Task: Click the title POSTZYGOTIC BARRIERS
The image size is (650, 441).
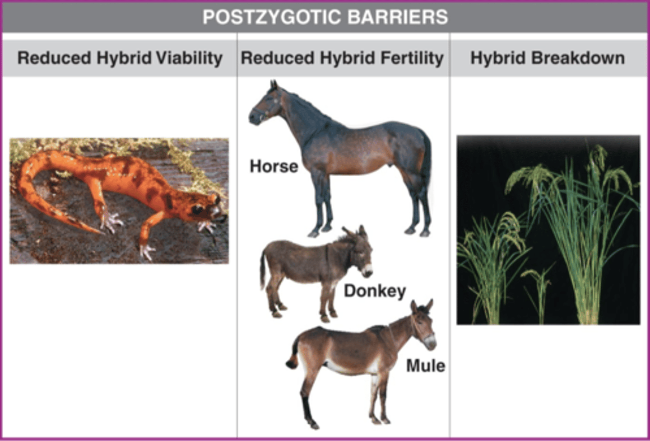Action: click(325, 17)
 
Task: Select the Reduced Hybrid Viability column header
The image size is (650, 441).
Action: click(120, 58)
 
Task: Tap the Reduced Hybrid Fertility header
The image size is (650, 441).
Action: click(342, 58)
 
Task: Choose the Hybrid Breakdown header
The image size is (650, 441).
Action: click(548, 58)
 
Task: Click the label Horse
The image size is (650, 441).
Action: click(274, 166)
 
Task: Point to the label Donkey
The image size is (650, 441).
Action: click(375, 291)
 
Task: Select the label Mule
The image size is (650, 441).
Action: click(425, 366)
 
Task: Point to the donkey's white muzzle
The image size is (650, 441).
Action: click(367, 270)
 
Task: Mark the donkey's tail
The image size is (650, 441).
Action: click(263, 271)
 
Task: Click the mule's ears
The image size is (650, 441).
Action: click(422, 307)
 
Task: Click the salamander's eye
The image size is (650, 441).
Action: click(197, 209)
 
